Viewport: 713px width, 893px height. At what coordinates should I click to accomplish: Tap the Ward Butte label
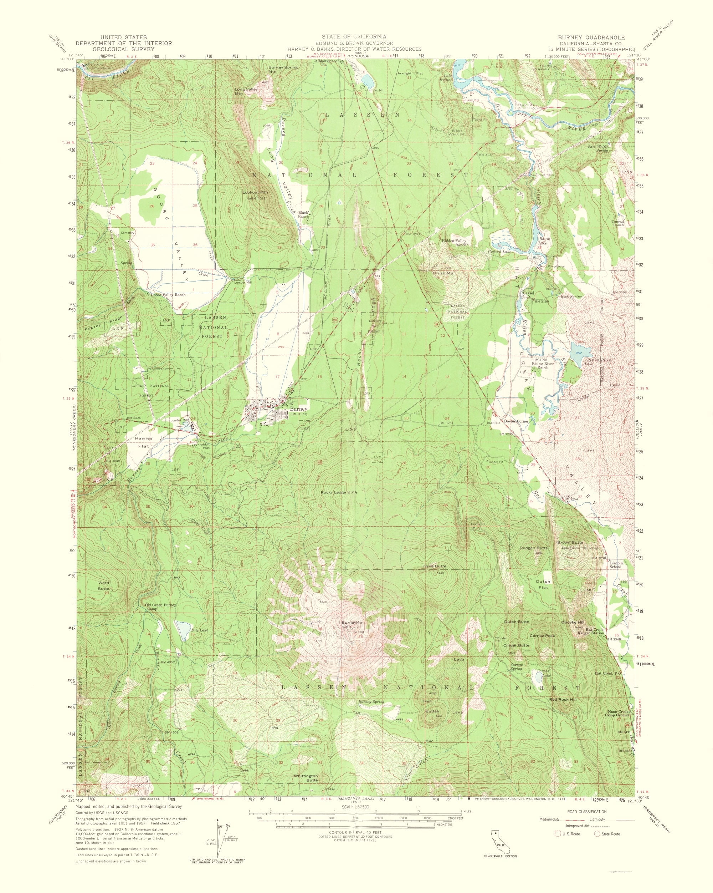pos(103,585)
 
